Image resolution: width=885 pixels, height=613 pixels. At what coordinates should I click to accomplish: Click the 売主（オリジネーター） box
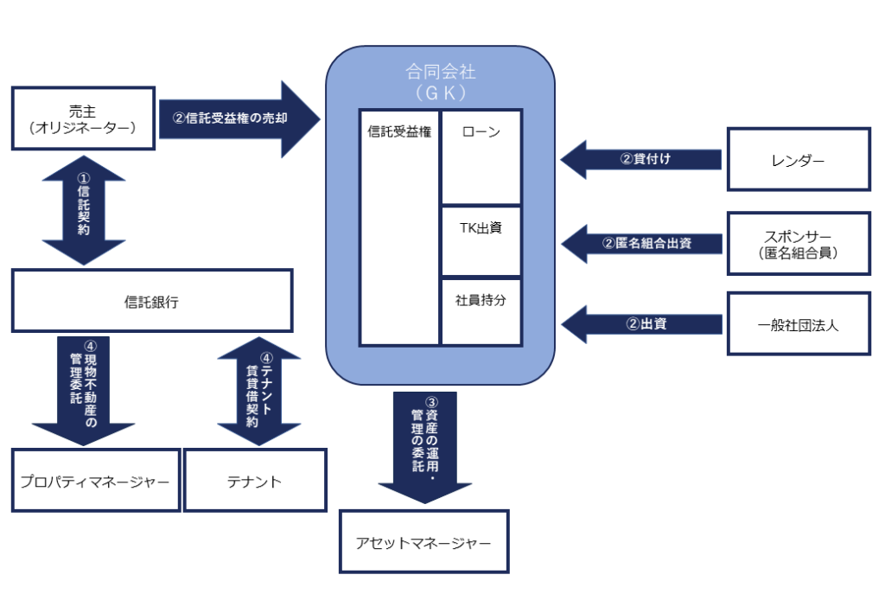pos(83,118)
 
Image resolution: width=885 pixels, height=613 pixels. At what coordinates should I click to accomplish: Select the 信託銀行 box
pos(152,300)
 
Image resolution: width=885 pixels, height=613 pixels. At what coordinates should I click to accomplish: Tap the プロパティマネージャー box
pos(95,481)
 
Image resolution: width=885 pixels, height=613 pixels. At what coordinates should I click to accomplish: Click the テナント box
pos(256,481)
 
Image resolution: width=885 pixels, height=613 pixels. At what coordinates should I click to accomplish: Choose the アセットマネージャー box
pos(423,542)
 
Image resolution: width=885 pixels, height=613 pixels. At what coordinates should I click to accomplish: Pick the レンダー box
pos(798,159)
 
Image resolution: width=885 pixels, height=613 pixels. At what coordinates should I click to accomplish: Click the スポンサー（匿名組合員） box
pos(798,243)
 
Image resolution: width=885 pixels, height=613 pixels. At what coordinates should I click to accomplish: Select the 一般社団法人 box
pos(798,324)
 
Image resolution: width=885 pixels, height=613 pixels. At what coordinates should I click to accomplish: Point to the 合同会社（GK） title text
pos(440,81)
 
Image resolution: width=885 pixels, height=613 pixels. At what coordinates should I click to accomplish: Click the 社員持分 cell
pos(481,311)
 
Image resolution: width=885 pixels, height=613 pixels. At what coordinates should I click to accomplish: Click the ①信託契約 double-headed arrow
pos(84,211)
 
